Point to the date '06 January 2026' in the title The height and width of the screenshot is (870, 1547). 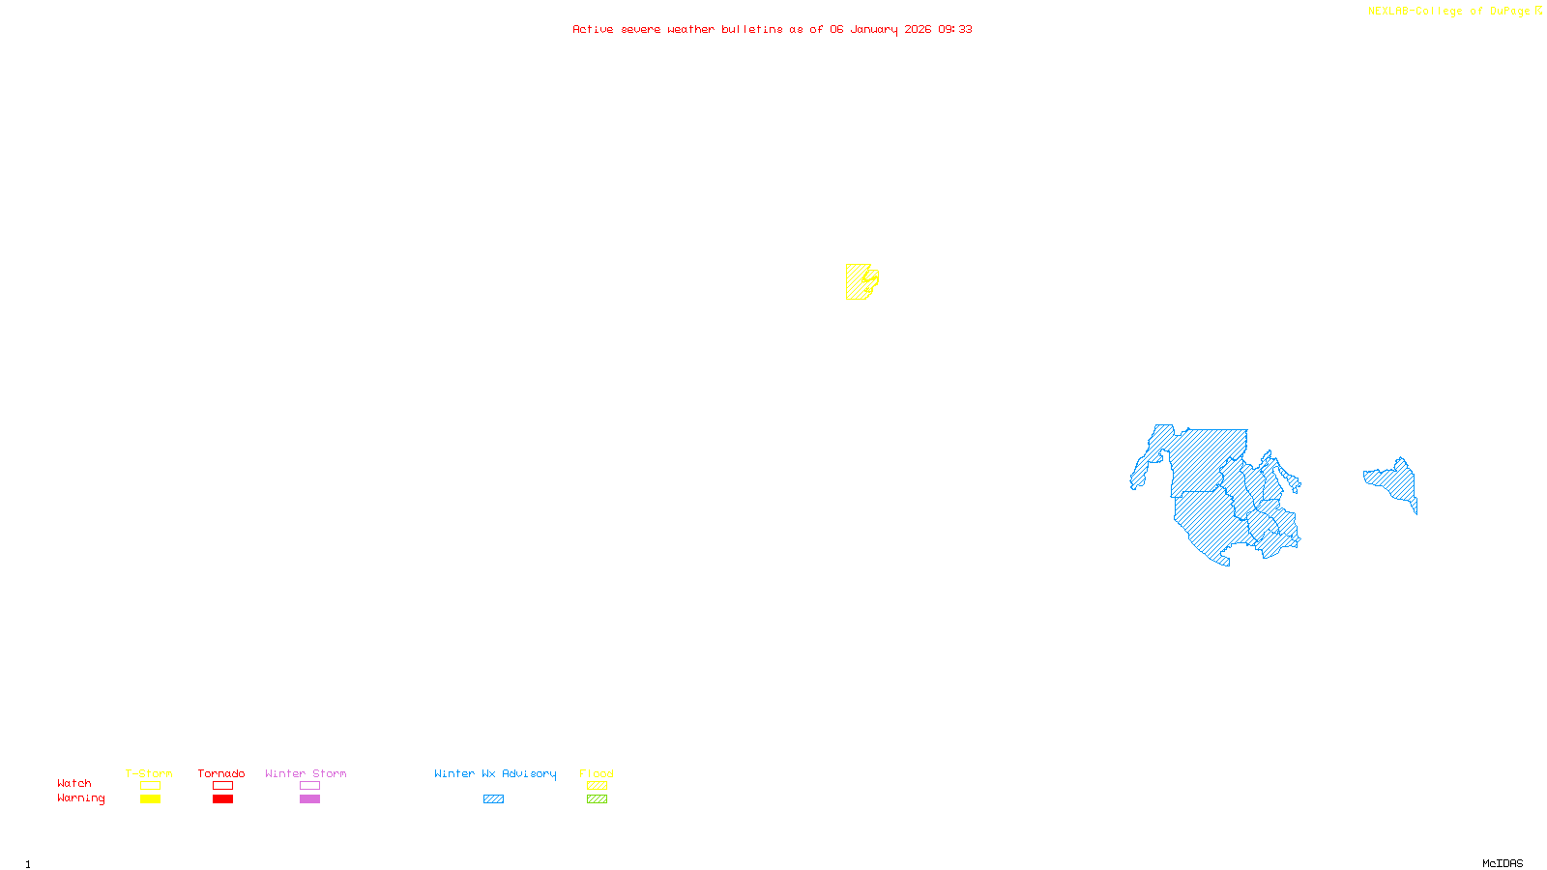(880, 29)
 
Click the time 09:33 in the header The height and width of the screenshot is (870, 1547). (955, 29)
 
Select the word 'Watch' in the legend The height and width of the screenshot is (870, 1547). (74, 783)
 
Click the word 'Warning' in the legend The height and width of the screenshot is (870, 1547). (80, 798)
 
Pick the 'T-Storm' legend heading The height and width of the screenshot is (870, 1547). (149, 773)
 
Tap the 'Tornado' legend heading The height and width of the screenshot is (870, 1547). (221, 773)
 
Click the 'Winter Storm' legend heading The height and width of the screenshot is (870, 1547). (306, 773)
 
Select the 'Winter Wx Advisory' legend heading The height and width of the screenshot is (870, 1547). (495, 773)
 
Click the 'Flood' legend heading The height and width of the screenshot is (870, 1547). (597, 773)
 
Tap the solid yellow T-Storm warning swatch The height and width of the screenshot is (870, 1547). (150, 799)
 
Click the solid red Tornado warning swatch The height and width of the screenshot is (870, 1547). (223, 799)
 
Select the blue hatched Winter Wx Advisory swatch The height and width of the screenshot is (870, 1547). (493, 799)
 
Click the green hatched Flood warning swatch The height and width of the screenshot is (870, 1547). (598, 799)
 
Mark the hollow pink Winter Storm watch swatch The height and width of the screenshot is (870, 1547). (309, 786)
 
